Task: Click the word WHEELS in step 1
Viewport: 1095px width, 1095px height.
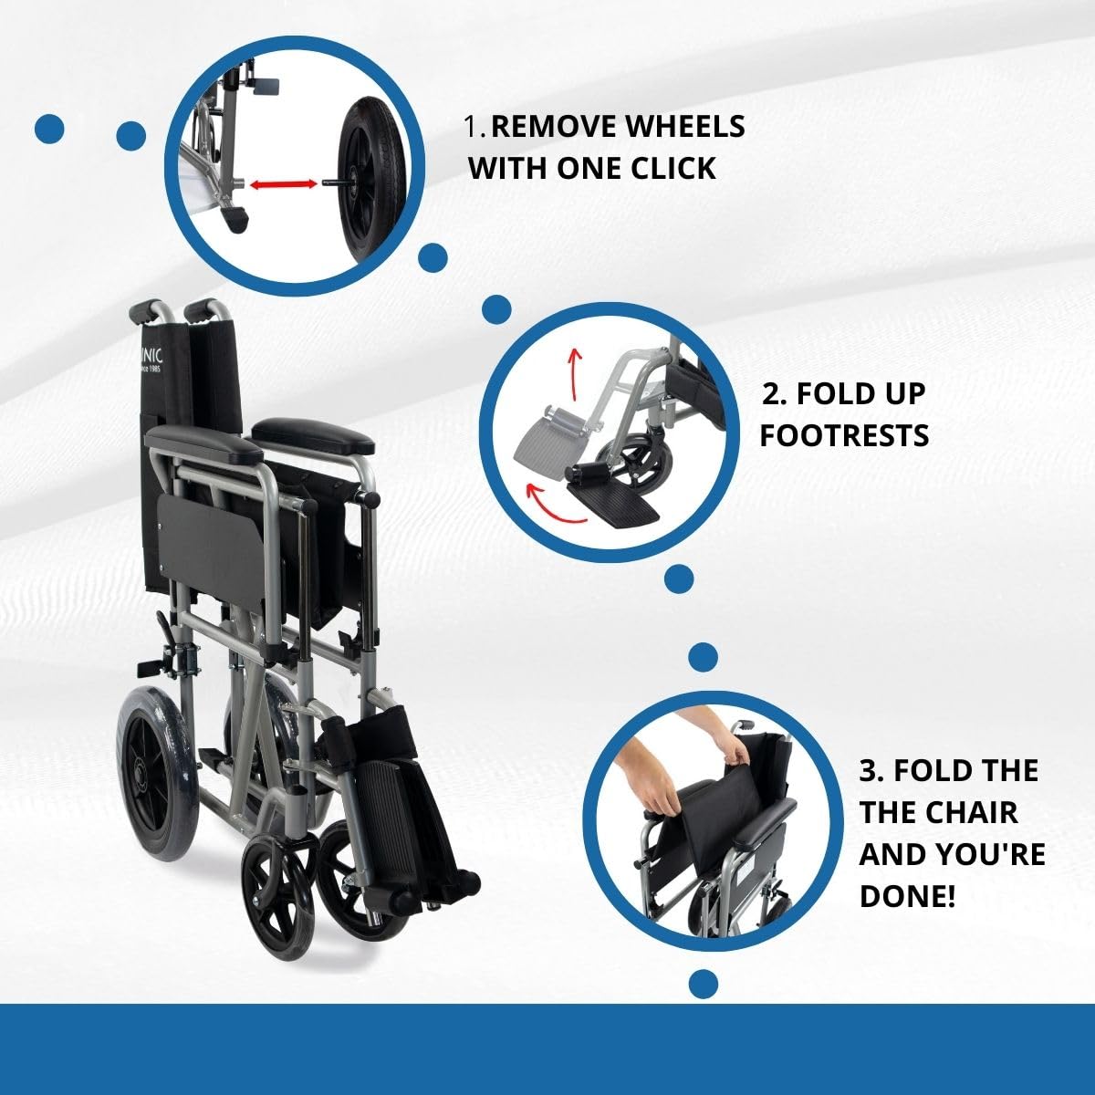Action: [683, 127]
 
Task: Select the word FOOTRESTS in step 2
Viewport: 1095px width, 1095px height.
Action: [844, 435]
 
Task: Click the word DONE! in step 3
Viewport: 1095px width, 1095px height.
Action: [908, 895]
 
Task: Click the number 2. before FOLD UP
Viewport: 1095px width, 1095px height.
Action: [775, 394]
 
